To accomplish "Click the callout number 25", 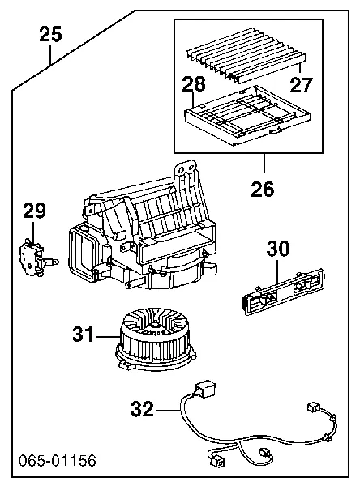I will coord(50,34).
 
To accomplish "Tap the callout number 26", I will coord(263,189).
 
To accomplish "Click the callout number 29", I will coord(34,212).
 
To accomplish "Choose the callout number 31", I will coord(84,333).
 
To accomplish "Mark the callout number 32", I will coord(142,410).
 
